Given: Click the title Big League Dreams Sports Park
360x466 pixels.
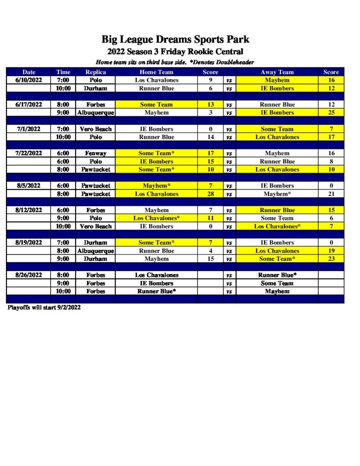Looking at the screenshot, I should point(175,39).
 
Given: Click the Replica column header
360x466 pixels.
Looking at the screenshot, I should point(96,72).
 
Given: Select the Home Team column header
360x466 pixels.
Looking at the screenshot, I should point(156,72).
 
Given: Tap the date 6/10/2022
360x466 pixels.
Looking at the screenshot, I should point(29,80).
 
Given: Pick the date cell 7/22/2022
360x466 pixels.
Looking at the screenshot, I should point(29,153).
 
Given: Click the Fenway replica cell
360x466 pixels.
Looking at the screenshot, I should point(96,153).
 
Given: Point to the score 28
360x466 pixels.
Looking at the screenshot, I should point(211,194).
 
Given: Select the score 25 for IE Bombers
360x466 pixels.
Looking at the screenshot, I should point(331,112).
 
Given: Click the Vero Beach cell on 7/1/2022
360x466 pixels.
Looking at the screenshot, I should point(96,129).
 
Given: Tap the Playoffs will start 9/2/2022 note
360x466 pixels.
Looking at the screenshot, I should point(44,307).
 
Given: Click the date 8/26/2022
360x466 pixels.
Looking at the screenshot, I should point(29,275).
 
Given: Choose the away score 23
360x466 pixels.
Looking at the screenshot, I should point(331,259).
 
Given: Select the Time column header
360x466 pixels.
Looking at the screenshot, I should point(63,72).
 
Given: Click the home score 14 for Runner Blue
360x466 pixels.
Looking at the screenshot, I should point(211,137).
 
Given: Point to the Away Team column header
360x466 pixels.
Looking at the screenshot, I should point(277,72).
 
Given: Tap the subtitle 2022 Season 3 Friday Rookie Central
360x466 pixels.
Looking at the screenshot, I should point(175,51).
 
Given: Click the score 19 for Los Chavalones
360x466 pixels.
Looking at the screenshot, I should point(331,251).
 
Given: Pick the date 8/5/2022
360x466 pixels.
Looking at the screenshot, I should point(29,186).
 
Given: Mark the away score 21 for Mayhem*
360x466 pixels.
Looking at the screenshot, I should point(331,194).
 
